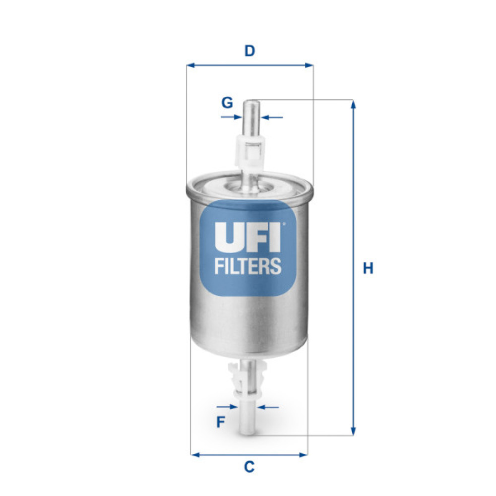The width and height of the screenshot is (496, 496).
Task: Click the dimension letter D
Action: (250, 51)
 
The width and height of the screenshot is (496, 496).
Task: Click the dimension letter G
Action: (227, 103)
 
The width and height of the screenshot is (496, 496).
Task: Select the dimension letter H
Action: (368, 268)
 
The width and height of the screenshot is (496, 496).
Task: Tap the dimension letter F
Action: (221, 422)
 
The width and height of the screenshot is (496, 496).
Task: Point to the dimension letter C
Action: (249, 466)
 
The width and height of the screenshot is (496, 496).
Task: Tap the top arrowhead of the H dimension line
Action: (353, 104)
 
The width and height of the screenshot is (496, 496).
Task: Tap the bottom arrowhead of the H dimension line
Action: (353, 432)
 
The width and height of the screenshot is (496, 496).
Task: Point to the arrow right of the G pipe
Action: (265, 118)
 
